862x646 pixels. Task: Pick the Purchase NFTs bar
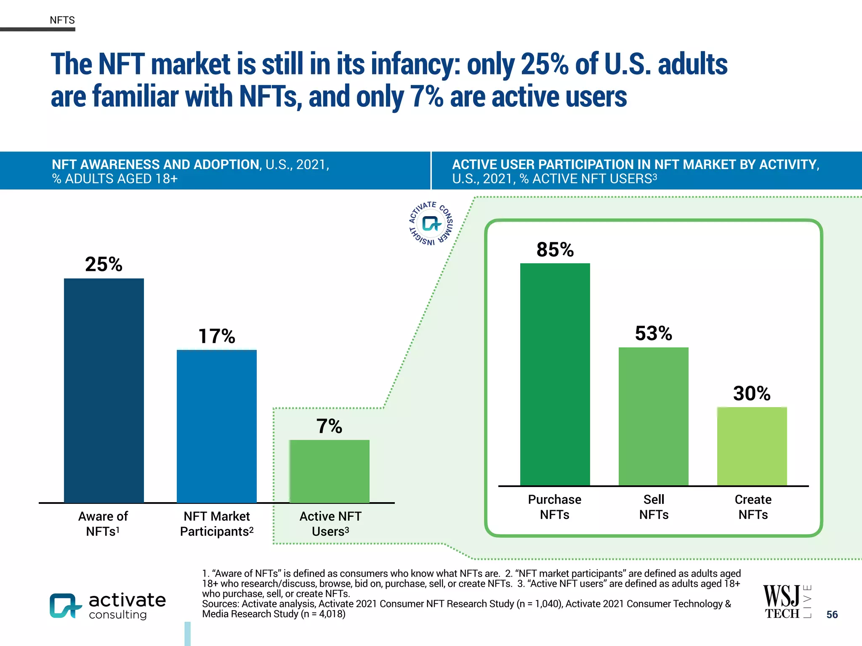[555, 374]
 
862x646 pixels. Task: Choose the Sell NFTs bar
[653, 416]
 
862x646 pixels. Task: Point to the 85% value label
[555, 249]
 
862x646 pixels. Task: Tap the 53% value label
[653, 333]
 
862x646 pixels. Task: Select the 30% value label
[752, 393]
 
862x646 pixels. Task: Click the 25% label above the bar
[104, 264]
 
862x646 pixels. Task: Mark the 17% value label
[216, 336]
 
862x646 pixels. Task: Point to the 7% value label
[329, 426]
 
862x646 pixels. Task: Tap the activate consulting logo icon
[65, 606]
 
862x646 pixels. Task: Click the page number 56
[832, 614]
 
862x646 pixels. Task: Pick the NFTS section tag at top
[62, 20]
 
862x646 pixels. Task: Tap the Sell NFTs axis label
[654, 507]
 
